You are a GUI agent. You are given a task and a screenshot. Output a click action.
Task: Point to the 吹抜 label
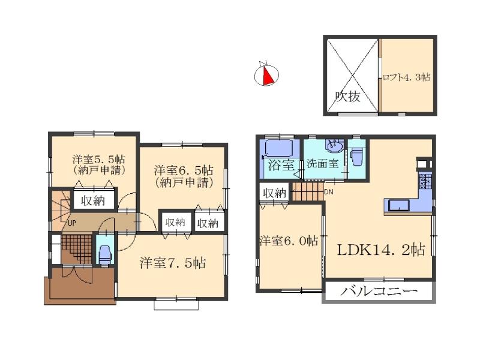348,96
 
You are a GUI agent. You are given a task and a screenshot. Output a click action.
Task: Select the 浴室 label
280,165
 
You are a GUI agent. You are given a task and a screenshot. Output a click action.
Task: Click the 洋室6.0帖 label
289,241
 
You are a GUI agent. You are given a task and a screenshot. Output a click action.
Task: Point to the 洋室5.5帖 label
98,160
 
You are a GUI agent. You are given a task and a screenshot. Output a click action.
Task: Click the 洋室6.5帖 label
183,170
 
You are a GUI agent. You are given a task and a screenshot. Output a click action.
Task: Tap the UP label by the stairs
71,223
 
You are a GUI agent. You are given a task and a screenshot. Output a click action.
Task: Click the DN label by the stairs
329,192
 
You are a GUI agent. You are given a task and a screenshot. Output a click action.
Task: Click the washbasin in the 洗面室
334,146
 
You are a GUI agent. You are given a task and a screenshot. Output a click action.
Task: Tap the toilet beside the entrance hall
104,255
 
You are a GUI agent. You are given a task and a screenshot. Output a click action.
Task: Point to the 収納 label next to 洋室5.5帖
93,200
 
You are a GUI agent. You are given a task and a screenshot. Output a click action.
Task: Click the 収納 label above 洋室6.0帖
275,193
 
